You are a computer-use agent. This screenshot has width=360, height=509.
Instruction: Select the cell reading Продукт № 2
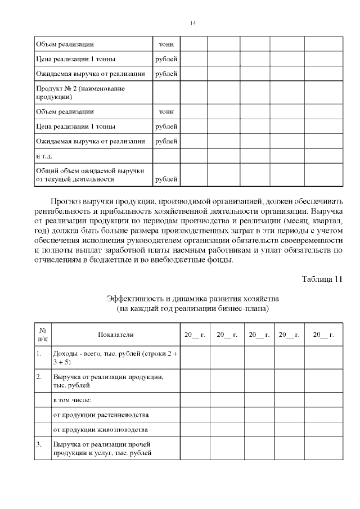click(x=80, y=92)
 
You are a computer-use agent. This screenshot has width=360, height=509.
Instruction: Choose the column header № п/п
click(x=43, y=335)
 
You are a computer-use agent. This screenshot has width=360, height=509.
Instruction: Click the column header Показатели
click(x=115, y=335)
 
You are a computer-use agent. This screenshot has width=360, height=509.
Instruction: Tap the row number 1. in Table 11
click(x=39, y=354)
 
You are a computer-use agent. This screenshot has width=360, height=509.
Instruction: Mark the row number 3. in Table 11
click(x=39, y=444)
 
